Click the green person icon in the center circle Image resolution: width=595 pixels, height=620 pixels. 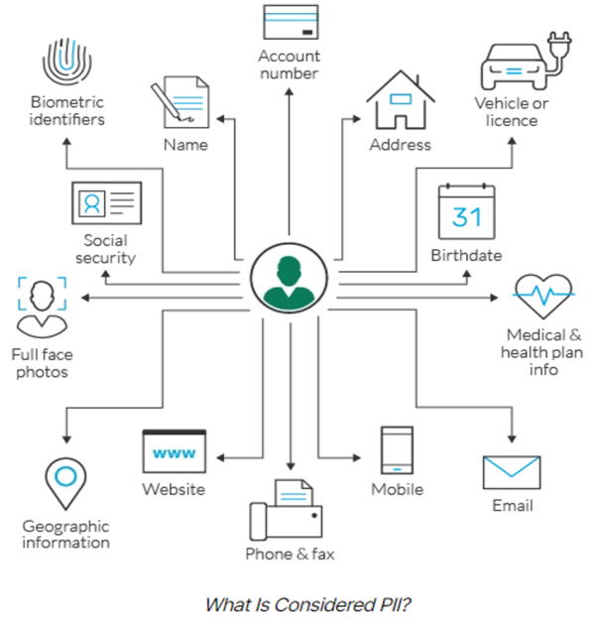289,281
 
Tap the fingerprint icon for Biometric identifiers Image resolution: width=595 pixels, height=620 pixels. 66,62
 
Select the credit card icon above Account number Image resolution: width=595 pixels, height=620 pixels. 290,23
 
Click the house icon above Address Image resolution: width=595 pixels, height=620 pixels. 400,99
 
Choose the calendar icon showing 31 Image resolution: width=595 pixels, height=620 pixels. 466,210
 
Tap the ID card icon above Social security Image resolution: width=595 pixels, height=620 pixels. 107,204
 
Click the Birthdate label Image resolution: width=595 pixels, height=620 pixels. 466,255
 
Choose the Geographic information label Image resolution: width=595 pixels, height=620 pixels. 66,534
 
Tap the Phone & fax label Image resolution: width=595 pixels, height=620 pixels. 290,554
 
